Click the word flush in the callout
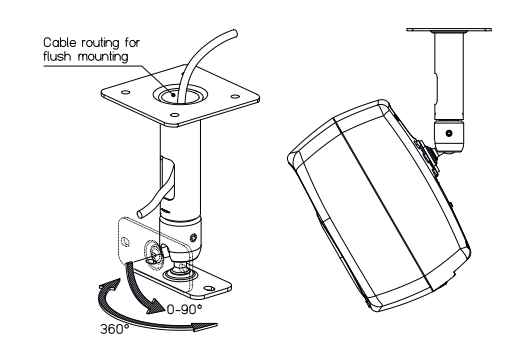click(57, 56)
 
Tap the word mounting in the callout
click(103, 57)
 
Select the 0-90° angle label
click(184, 310)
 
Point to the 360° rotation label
click(115, 329)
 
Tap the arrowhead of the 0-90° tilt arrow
click(155, 307)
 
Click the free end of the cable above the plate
click(234, 33)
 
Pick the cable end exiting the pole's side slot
click(141, 213)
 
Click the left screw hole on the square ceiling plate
click(125, 92)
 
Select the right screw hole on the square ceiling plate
click(235, 97)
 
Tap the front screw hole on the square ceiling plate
click(174, 115)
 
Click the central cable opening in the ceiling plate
click(180, 95)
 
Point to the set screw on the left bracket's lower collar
click(193, 238)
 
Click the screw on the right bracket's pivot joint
click(449, 133)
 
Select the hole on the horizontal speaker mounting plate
click(209, 288)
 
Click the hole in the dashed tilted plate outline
click(125, 241)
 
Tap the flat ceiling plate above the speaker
click(449, 30)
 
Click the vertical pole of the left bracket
click(180, 170)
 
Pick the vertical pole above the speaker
click(449, 76)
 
